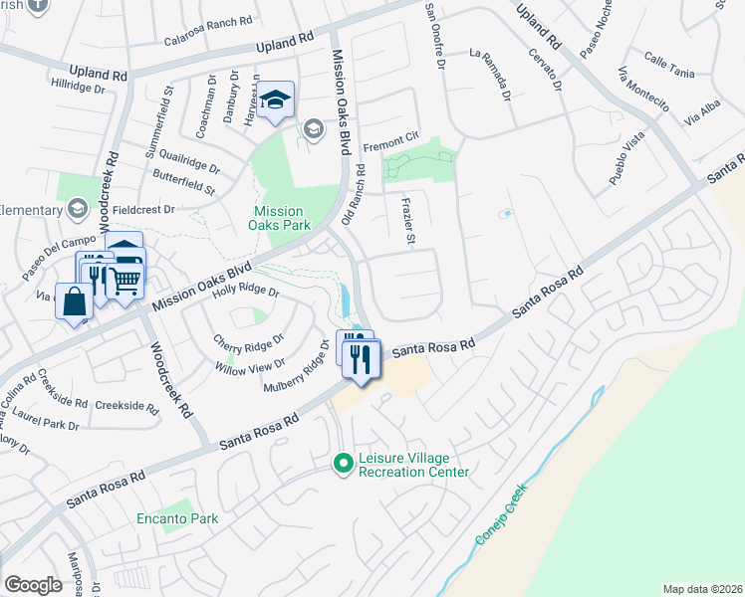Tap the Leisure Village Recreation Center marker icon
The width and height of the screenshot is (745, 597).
click(x=343, y=463)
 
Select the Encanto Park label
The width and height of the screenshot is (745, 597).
click(x=177, y=518)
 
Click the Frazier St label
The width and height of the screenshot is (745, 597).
click(x=407, y=221)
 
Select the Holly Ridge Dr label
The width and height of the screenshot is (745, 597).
click(x=245, y=292)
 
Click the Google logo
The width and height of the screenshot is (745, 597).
click(x=33, y=584)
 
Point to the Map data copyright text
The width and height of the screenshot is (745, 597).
click(x=702, y=589)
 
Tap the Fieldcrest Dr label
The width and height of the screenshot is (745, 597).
click(x=143, y=210)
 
